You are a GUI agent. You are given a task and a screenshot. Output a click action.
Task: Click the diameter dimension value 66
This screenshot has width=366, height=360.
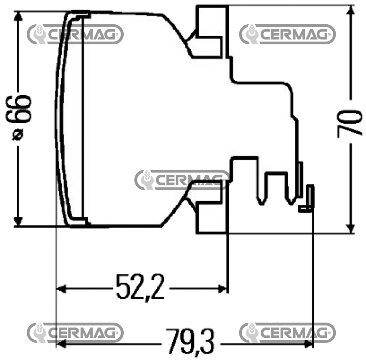(19, 108)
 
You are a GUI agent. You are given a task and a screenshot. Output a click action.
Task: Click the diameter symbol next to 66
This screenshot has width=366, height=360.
(18, 135)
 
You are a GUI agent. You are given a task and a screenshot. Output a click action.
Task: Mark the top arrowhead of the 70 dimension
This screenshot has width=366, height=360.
(350, 10)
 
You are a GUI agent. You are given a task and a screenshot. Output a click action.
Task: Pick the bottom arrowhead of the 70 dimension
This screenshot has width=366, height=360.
(350, 228)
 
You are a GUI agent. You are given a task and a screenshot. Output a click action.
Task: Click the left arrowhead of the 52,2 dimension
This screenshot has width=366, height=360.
(61, 289)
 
